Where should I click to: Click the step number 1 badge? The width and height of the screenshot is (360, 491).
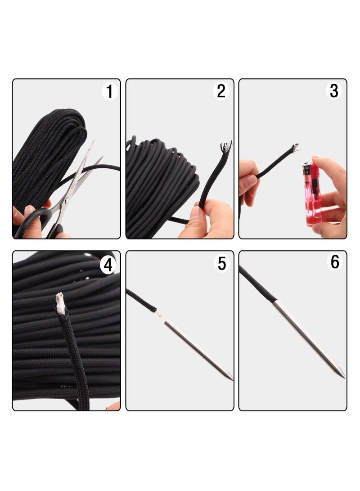pos(109,91)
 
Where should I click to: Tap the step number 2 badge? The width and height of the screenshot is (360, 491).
pos(221,91)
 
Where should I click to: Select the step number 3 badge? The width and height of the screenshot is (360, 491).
pos(333,91)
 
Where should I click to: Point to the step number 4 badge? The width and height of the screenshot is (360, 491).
pos(108,265)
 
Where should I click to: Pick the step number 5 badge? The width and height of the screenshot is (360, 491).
pos(222,263)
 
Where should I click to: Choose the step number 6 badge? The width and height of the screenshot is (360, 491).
pos(335,262)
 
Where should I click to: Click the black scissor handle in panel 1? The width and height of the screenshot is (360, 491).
pos(36,221)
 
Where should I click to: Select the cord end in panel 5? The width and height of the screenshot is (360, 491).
pos(154,310)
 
